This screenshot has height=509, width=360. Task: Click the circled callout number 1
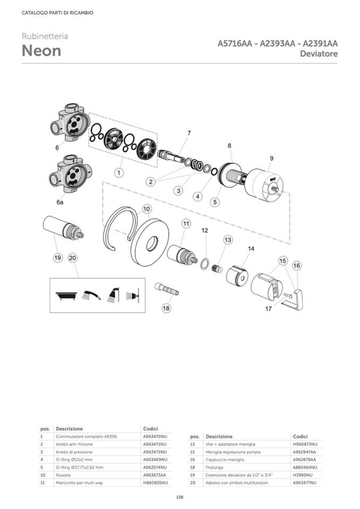[x=119, y=172]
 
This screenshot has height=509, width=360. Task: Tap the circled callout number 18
[x=166, y=308]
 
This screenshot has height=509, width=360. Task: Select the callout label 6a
[x=59, y=202]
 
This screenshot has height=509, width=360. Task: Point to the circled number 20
[x=73, y=258]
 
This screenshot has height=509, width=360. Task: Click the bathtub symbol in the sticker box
[x=66, y=296]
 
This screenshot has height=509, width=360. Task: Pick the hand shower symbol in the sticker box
[x=91, y=295]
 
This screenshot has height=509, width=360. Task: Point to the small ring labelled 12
[x=205, y=264]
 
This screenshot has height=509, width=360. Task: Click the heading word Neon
[x=41, y=51]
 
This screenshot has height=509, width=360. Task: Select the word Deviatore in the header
[x=319, y=54]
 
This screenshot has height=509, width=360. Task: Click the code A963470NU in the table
[x=155, y=437]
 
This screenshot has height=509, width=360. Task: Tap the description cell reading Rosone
[x=63, y=475]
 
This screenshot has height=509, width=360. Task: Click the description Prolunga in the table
[x=214, y=468]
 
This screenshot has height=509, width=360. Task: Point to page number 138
[x=180, y=497]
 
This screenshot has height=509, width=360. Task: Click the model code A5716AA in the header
[x=235, y=44]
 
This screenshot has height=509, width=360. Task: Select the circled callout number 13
[x=228, y=239]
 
